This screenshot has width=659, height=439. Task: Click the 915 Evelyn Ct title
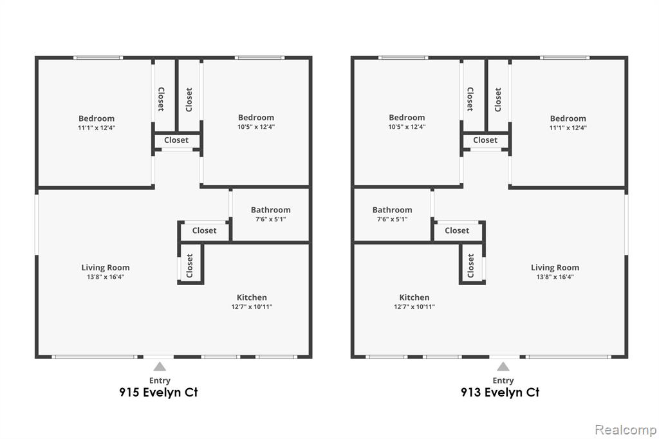[158, 392]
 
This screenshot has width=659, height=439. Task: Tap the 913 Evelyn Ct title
[499, 392]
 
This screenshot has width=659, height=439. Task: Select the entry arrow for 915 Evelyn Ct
[160, 367]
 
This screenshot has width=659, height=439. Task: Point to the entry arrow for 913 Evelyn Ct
[503, 367]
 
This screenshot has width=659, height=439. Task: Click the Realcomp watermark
[626, 430]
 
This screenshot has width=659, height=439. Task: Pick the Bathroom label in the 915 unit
[271, 210]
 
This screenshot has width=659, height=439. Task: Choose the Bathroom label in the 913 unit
[392, 210]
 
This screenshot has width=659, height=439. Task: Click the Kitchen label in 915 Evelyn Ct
[252, 297]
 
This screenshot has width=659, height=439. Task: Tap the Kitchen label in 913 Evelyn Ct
[414, 297]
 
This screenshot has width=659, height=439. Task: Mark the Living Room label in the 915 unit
[106, 268]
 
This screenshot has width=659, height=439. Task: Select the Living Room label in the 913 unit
[555, 268]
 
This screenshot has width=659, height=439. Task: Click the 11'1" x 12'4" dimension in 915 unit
[97, 128]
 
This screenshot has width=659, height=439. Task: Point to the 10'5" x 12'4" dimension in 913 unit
[407, 127]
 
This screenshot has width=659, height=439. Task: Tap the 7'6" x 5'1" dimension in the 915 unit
[271, 219]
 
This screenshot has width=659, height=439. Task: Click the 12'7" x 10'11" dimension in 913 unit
[414, 306]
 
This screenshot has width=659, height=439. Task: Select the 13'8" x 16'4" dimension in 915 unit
[106, 277]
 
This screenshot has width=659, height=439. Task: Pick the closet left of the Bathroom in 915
[204, 230]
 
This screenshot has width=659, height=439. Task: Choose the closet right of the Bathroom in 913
[457, 230]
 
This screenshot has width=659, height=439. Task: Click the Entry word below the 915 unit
[160, 380]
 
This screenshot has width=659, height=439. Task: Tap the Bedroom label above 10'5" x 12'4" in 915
[256, 118]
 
